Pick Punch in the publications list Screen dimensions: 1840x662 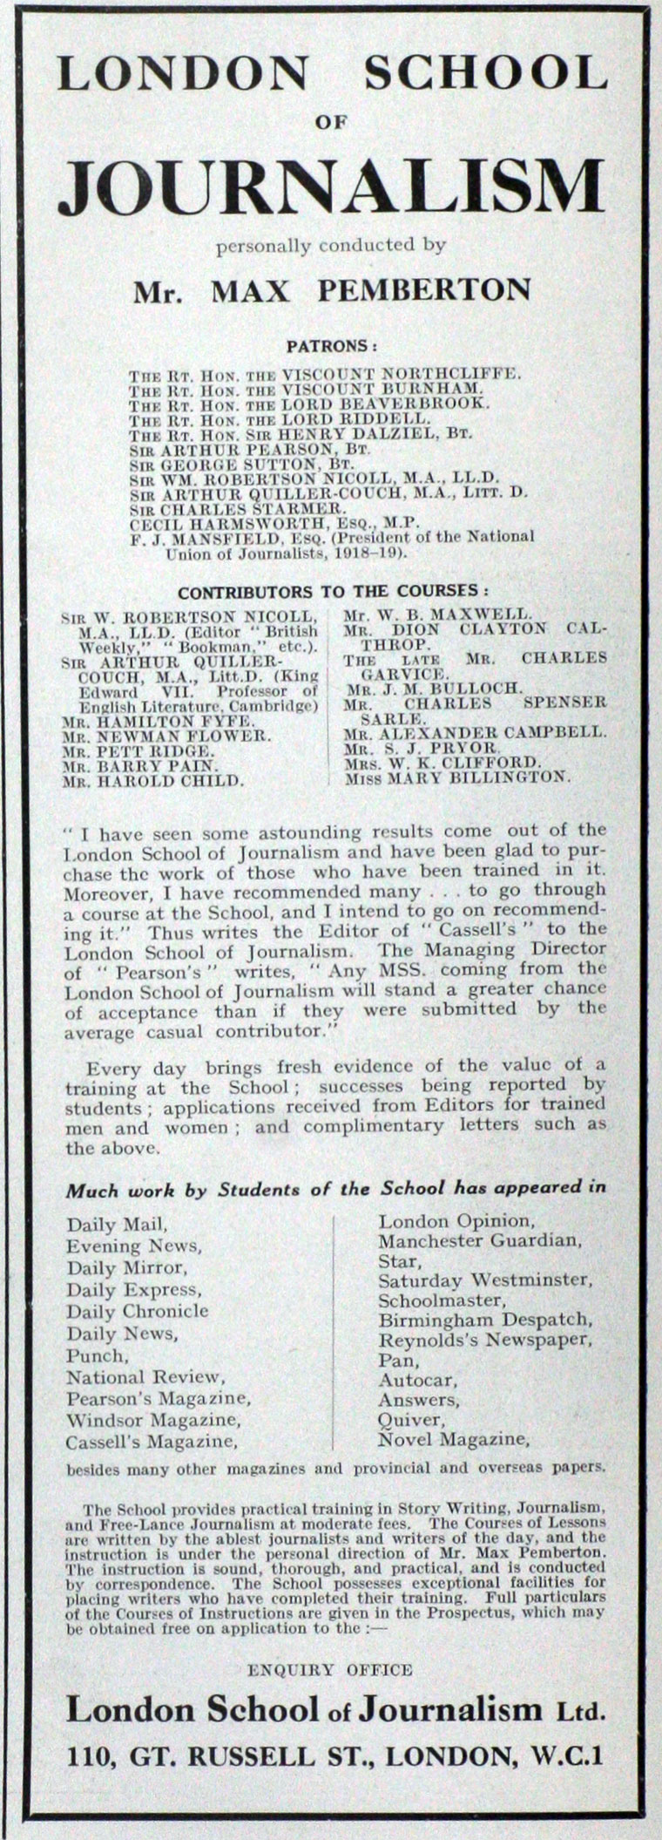click(x=97, y=1355)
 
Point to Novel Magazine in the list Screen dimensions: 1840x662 click(x=454, y=1438)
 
